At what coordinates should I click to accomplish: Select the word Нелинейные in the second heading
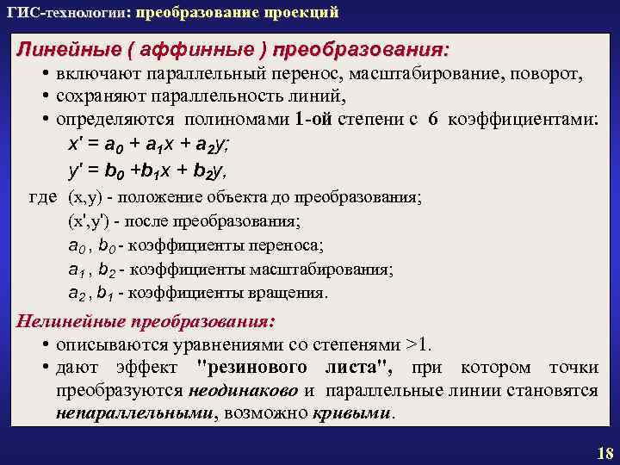pos(71,322)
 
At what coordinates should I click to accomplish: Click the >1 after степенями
pos(418,345)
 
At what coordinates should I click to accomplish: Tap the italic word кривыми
pos(353,412)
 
